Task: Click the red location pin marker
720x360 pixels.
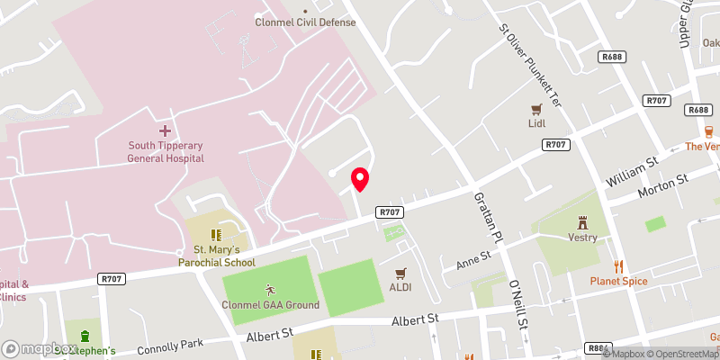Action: tap(360, 178)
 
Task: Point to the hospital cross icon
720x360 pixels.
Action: tap(165, 131)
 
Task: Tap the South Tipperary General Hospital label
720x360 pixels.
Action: tap(166, 151)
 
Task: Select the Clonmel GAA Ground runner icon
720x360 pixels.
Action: tap(270, 290)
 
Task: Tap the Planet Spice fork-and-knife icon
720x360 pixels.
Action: tap(618, 265)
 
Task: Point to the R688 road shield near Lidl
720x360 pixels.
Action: tap(612, 57)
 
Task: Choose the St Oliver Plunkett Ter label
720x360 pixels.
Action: tap(530, 62)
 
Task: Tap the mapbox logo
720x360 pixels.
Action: tap(40, 348)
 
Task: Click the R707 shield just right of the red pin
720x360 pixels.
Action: tap(390, 212)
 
